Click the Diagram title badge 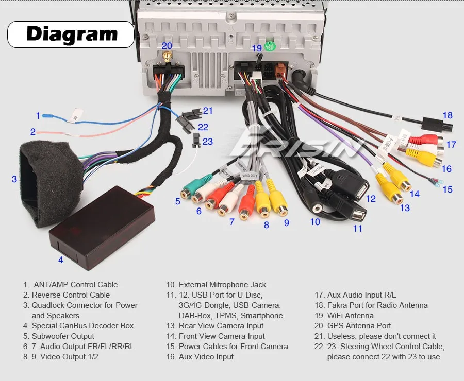pos(71,34)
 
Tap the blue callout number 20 pos(167,45)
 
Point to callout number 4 pos(60,260)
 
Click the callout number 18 pos(447,115)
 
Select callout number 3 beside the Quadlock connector pos(14,179)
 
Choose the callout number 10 pos(315,222)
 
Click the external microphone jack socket pos(316,208)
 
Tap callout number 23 pos(207,141)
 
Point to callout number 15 pos(447,189)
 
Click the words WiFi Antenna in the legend pos(351,316)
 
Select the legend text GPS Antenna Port pos(359,326)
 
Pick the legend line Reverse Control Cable pos(71,295)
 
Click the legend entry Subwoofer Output pos(63,336)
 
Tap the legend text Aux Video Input pos(206,357)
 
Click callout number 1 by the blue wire pos(38,116)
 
